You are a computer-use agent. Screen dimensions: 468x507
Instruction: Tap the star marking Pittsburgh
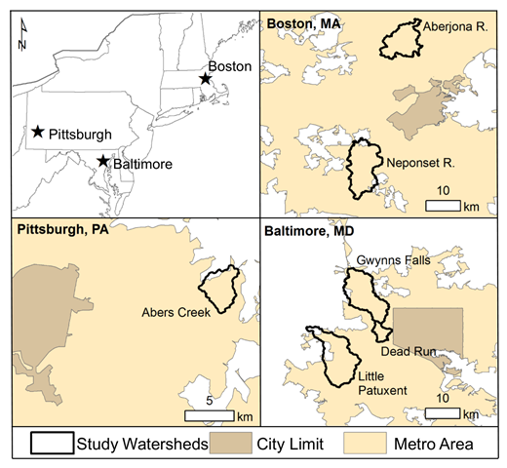37,132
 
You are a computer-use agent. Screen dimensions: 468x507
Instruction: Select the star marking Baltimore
102,162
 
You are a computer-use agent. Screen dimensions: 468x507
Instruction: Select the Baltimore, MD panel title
309,233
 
